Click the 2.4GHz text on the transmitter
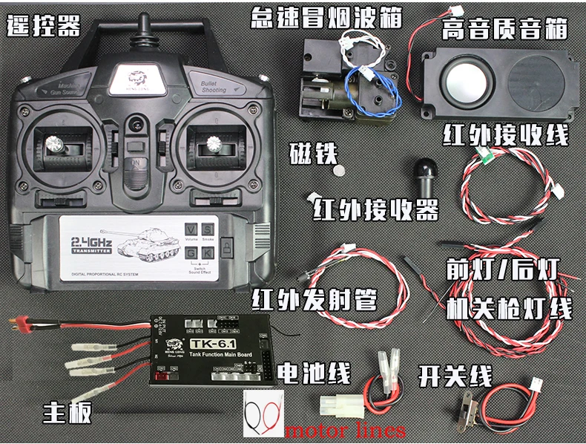(90, 242)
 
